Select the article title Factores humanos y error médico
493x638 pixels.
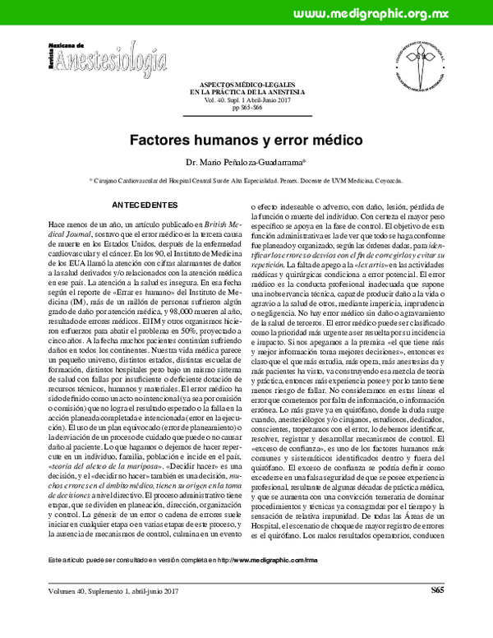point(246,141)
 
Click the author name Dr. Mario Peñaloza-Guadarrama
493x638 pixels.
point(246,163)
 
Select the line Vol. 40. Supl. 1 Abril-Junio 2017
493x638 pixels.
point(246,100)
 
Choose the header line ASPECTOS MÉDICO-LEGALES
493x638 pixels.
point(246,85)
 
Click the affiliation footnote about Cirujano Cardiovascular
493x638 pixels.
point(246,178)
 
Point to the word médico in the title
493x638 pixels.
point(337,141)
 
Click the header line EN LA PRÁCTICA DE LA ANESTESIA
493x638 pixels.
point(246,92)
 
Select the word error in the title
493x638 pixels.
point(288,141)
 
